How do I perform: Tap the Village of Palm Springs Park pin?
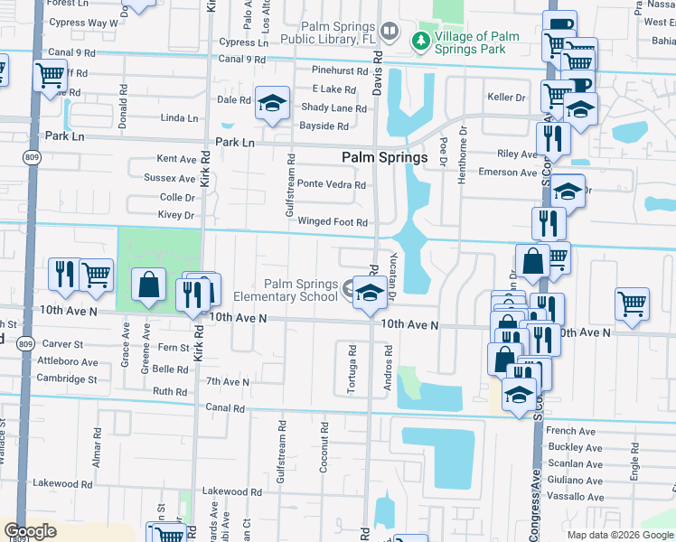(419, 40)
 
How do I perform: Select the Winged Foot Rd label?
(333, 222)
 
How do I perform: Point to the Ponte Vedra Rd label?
(332, 185)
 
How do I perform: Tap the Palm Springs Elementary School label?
(299, 290)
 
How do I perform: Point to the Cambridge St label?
(68, 379)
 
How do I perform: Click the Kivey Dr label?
(176, 216)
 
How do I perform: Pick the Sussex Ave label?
(170, 179)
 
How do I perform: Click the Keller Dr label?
(506, 98)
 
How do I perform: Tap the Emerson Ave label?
(508, 173)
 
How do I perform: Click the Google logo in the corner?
(31, 531)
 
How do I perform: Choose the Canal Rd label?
(225, 408)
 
